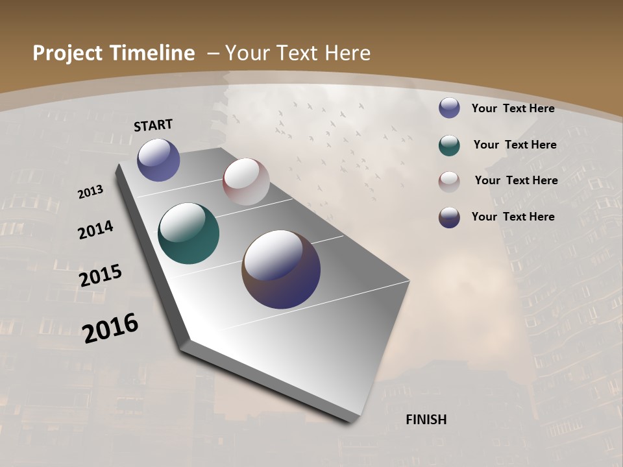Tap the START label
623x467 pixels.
click(153, 125)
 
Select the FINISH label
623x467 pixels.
click(426, 420)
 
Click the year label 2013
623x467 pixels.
click(91, 192)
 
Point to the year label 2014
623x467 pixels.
click(95, 230)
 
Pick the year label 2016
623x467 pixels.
click(110, 328)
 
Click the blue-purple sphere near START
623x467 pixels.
click(158, 160)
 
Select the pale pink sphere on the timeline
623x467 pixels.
click(246, 182)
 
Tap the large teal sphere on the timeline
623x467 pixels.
click(188, 233)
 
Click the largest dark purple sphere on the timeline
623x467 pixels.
click(281, 269)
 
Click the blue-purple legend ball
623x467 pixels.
click(449, 108)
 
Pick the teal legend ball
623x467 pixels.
click(449, 145)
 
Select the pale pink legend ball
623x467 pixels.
click(449, 181)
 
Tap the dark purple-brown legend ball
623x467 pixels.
click(449, 217)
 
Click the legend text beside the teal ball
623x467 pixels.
click(515, 145)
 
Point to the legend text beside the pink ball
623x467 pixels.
click(516, 180)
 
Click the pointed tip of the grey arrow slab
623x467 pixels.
click(351, 422)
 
